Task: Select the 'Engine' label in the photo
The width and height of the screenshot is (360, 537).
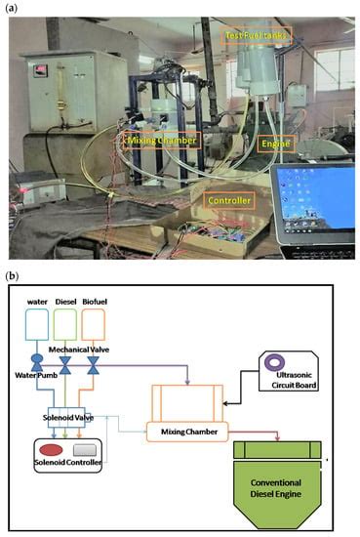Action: [274, 143]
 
